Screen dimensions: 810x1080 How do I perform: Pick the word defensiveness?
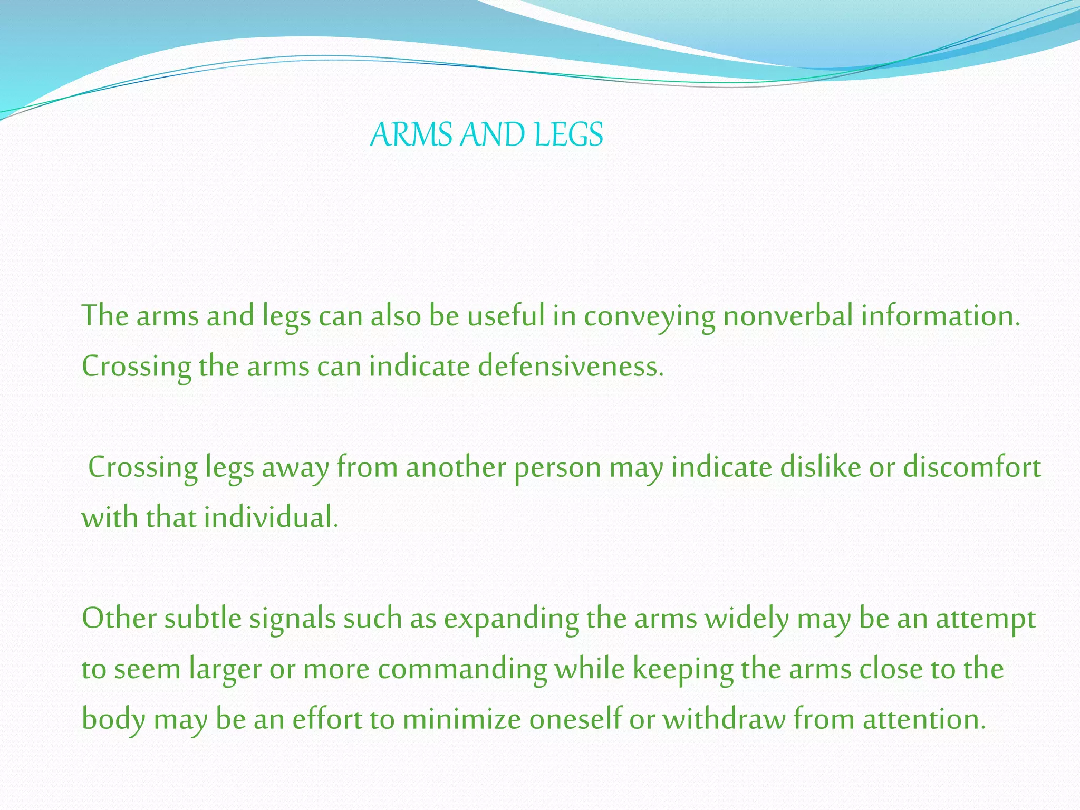pyautogui.click(x=570, y=366)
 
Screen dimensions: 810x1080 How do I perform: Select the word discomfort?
pyautogui.click(x=972, y=467)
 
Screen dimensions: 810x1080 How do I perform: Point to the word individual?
pyautogui.click(x=271, y=517)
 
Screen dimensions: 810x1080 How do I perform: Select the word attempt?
pyautogui.click(x=986, y=619)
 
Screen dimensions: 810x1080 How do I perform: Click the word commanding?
pyautogui.click(x=462, y=670)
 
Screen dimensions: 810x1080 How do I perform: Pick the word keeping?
pyautogui.click(x=682, y=670)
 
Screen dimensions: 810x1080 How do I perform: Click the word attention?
pyautogui.click(x=924, y=719)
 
